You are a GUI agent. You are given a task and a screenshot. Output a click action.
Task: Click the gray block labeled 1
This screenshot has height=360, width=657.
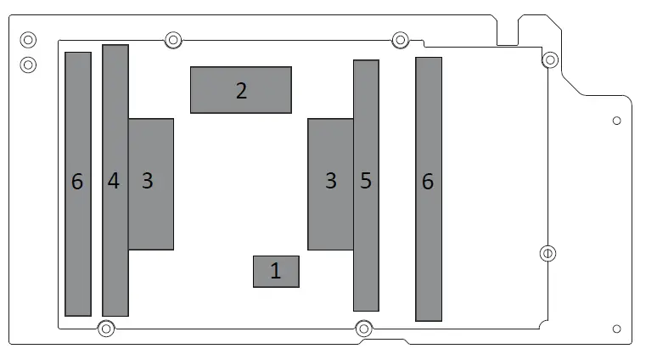click(x=276, y=272)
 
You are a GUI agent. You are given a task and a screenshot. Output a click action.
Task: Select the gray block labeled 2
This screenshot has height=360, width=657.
click(x=241, y=90)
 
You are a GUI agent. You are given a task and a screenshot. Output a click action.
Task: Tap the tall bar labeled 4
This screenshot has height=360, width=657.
click(x=115, y=180)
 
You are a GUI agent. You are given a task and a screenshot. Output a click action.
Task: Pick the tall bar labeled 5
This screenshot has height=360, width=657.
click(x=366, y=185)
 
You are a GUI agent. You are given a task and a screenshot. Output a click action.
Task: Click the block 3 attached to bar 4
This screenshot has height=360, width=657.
click(x=151, y=183)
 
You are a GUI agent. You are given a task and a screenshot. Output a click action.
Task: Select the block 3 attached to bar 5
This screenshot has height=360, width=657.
click(x=330, y=183)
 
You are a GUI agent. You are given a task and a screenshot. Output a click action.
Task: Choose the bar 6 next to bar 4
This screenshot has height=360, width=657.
click(x=78, y=183)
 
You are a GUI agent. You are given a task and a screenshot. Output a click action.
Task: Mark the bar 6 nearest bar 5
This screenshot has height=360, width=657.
click(x=429, y=188)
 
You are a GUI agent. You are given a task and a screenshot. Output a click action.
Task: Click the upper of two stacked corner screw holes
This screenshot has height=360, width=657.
click(x=28, y=39)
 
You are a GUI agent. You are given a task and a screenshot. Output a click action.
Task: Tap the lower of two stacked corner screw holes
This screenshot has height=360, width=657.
click(x=28, y=64)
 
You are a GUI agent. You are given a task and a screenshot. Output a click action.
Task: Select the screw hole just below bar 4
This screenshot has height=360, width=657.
click(x=106, y=329)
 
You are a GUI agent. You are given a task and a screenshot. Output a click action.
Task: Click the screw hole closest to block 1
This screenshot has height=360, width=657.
click(x=363, y=328)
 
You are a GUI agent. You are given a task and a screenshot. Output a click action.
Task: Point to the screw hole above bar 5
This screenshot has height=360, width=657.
click(x=401, y=39)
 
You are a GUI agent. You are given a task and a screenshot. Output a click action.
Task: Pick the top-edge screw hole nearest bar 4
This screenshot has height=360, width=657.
click(x=173, y=39)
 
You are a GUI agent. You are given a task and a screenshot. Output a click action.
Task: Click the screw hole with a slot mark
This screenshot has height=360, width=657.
click(x=548, y=253)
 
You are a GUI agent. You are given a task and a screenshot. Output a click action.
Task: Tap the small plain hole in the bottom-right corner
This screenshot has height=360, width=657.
click(x=617, y=329)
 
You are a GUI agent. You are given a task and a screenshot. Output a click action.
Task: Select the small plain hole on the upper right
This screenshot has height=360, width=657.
click(x=617, y=121)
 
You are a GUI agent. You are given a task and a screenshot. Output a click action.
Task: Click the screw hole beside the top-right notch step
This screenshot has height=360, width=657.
click(x=550, y=59)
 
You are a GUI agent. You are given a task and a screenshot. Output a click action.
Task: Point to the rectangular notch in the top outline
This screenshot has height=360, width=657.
click(x=508, y=31)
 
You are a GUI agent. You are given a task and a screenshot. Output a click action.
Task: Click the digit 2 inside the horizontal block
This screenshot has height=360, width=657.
click(x=242, y=91)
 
